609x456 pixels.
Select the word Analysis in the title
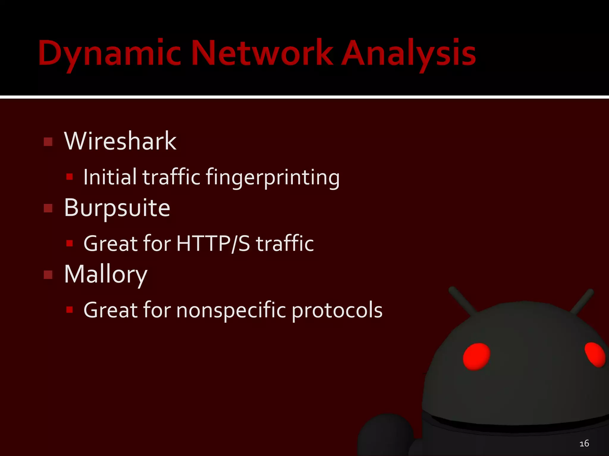click(409, 53)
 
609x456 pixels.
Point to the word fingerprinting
click(272, 178)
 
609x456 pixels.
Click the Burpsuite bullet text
click(117, 208)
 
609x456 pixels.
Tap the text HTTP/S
click(213, 243)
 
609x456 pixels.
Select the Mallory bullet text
click(106, 274)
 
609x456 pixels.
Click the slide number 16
click(584, 443)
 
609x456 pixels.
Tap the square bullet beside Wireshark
click(48, 142)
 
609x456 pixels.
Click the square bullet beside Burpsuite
click(48, 208)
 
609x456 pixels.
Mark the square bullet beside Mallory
click(48, 275)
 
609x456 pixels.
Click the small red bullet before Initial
click(70, 177)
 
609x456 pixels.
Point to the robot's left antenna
click(463, 300)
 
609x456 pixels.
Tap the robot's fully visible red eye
click(476, 357)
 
